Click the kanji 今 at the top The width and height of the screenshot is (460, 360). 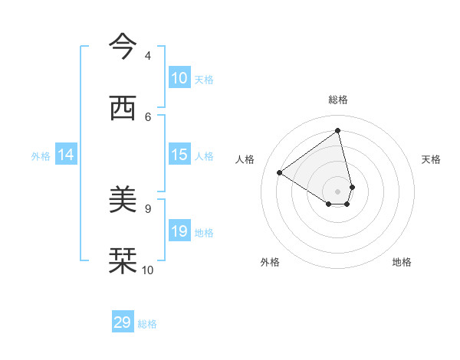(x=123, y=47)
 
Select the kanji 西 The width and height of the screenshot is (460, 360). (x=123, y=109)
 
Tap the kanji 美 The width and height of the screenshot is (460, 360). (x=123, y=201)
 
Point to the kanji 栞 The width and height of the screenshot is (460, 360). (x=123, y=261)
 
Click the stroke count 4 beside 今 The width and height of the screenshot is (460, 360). (x=148, y=55)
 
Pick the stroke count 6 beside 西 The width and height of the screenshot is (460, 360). (x=148, y=116)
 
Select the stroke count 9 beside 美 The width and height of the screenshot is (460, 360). (x=148, y=208)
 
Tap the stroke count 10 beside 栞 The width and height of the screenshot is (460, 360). (x=148, y=270)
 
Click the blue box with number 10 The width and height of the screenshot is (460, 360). (x=179, y=78)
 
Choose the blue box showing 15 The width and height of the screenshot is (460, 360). (x=179, y=155)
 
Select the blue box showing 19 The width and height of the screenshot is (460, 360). (x=179, y=231)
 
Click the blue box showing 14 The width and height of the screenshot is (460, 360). (x=66, y=155)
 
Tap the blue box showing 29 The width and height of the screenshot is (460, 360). (x=123, y=322)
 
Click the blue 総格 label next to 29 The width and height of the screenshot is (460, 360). (x=148, y=324)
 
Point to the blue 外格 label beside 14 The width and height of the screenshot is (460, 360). (x=41, y=156)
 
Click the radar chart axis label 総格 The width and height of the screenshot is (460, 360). (x=338, y=100)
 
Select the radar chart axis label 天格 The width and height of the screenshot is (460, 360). (x=431, y=159)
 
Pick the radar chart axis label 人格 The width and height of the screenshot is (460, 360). (x=245, y=159)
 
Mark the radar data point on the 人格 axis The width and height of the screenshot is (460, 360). (x=280, y=173)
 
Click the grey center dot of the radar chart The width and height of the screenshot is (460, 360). (x=338, y=191)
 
